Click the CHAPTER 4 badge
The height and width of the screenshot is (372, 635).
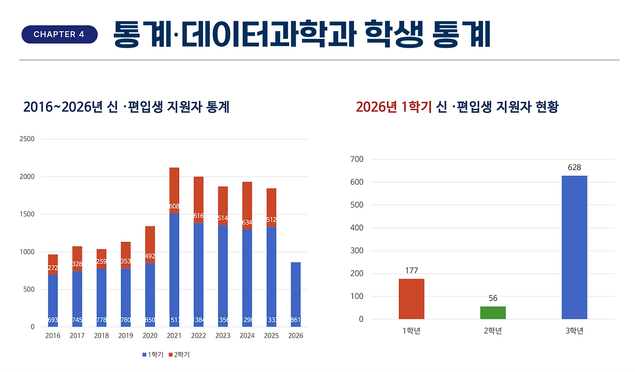point(59,34)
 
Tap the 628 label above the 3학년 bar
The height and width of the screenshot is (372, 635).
point(574,167)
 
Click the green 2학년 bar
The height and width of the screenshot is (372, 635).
point(493,312)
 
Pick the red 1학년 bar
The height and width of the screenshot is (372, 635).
point(411,298)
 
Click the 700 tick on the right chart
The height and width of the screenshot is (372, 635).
point(357,159)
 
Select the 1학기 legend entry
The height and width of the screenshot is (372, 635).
point(152,355)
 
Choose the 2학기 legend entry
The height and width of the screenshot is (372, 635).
point(179,355)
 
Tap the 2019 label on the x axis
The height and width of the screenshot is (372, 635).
point(126,336)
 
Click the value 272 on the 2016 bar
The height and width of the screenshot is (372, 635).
point(53,268)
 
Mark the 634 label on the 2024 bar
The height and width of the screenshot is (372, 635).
point(247,223)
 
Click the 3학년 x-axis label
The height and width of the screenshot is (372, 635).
point(574,331)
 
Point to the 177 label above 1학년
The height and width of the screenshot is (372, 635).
point(411,271)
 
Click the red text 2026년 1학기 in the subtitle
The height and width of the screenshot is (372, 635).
point(393,107)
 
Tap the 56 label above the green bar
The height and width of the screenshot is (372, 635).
point(493,298)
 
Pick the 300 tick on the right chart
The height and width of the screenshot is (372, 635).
point(357,251)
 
